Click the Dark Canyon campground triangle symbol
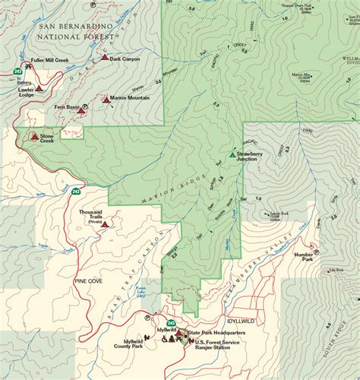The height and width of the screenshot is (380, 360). point(104,57)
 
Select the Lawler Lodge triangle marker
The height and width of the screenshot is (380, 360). point(39,88)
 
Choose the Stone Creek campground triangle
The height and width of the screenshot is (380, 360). point(33,137)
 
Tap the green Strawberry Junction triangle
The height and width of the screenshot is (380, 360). point(232,155)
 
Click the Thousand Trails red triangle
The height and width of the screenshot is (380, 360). point(106,223)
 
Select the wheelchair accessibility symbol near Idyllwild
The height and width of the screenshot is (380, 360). point(165,340)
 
